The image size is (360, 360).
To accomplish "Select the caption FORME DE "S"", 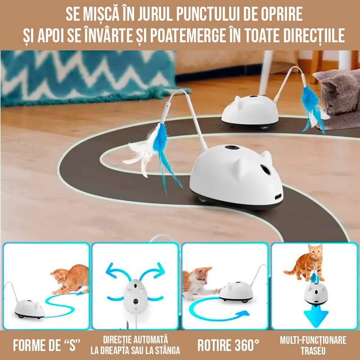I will coord(47,345).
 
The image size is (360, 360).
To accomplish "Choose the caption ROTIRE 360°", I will coord(228,345).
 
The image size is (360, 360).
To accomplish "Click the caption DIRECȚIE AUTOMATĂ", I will coord(135,338).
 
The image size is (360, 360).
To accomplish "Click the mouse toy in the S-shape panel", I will coord(29,308).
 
